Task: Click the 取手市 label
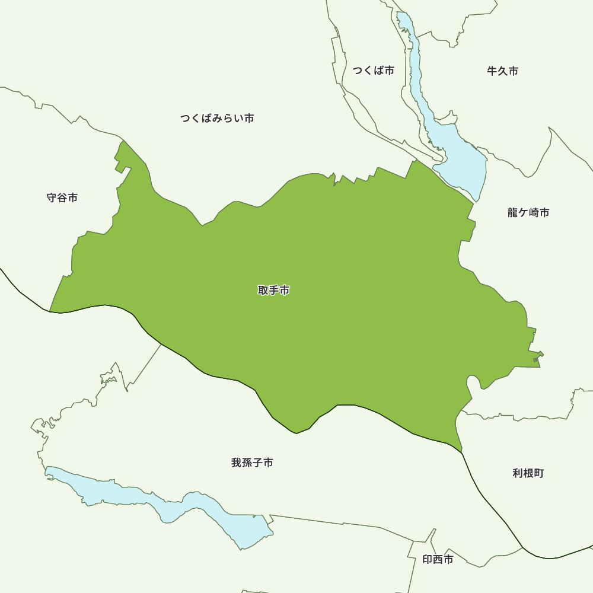click(274, 291)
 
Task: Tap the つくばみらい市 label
click(217, 119)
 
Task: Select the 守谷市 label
click(62, 197)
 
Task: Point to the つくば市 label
click(374, 71)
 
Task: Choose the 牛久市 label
click(503, 71)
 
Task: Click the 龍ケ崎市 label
click(528, 212)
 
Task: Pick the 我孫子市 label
click(253, 463)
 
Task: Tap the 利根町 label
click(528, 473)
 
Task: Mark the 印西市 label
click(438, 559)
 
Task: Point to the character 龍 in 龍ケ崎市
click(513, 212)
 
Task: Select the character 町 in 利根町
click(538, 473)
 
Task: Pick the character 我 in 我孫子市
click(237, 463)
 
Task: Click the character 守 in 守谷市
click(52, 197)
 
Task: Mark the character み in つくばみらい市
click(217, 119)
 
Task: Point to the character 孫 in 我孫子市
click(247, 463)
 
